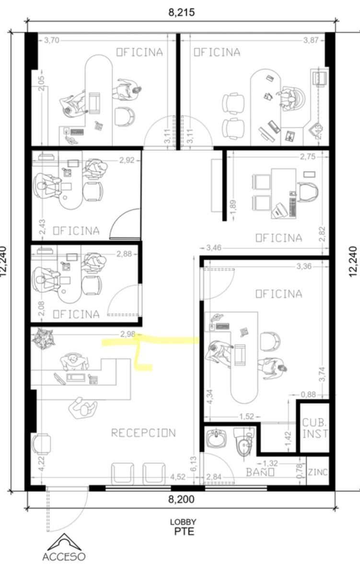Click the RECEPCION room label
(143, 433)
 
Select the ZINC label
(318, 472)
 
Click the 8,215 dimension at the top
(182, 12)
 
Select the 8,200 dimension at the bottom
(182, 499)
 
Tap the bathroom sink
(217, 438)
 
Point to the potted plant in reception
(43, 339)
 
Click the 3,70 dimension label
(52, 40)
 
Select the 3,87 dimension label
(311, 40)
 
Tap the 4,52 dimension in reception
(178, 477)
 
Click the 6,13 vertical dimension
(194, 464)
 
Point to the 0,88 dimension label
(308, 394)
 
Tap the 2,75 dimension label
(308, 157)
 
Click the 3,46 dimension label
(214, 248)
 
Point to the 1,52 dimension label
(246, 416)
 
